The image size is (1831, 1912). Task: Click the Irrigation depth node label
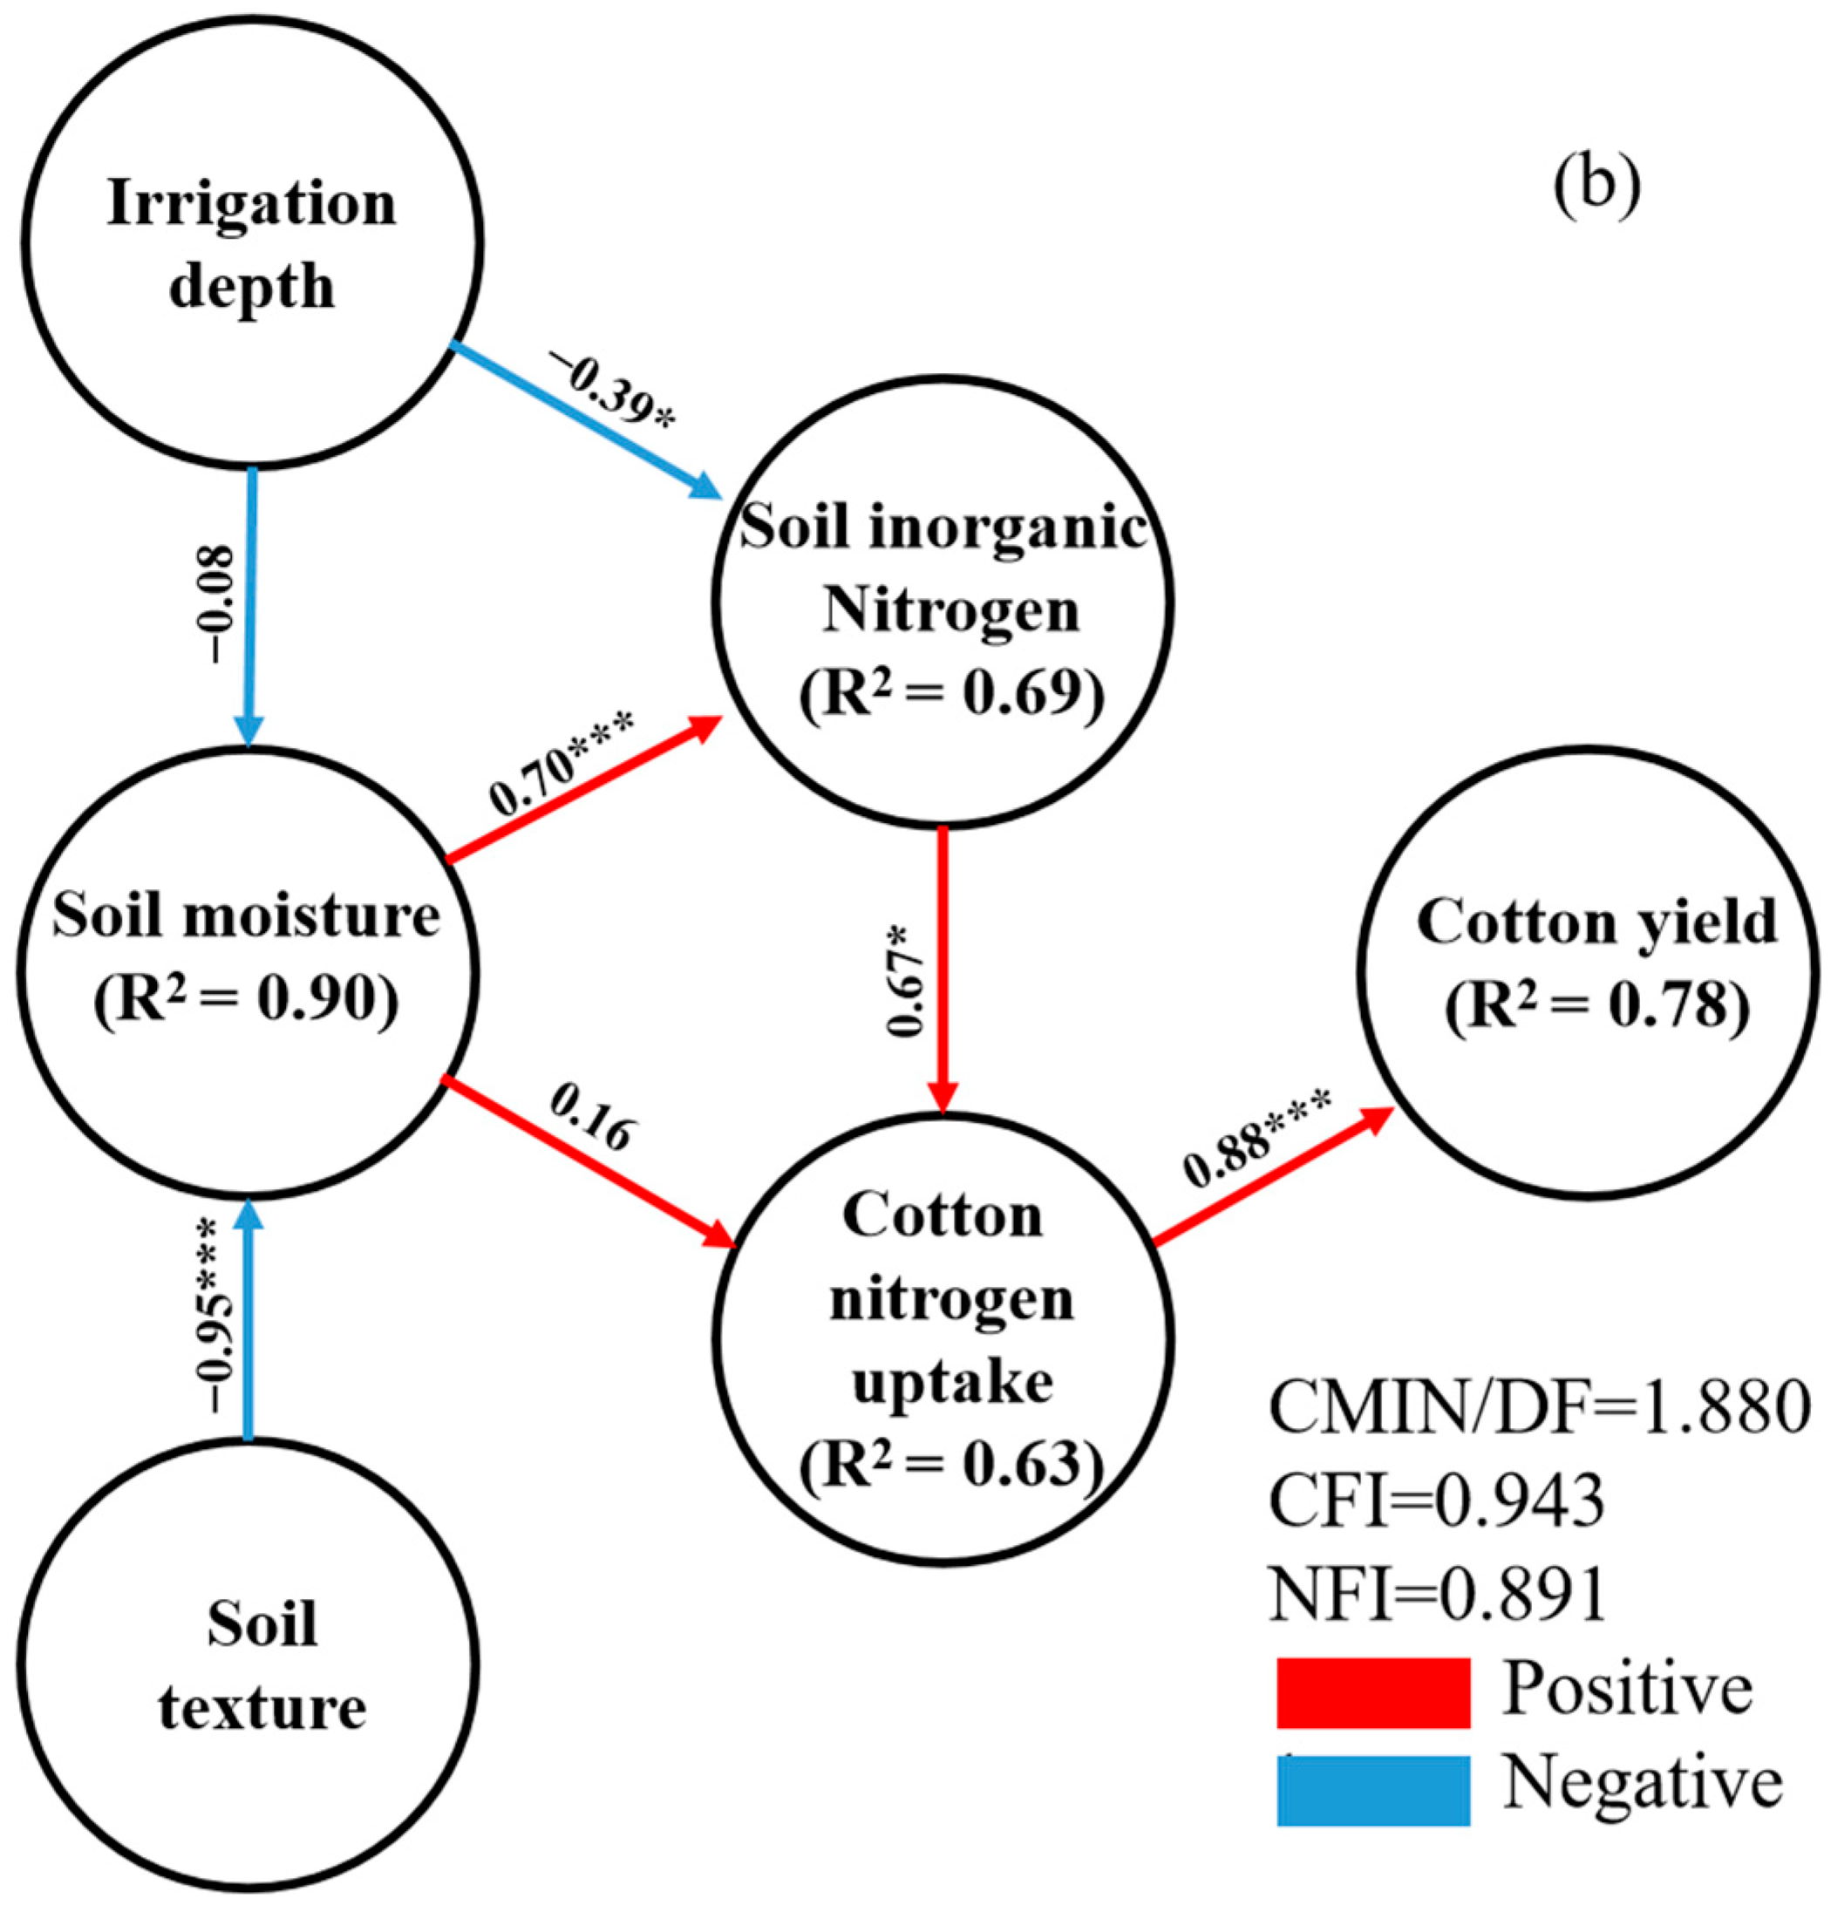coord(251,245)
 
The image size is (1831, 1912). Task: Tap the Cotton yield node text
coord(1596,922)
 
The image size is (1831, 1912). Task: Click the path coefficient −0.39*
coord(611,388)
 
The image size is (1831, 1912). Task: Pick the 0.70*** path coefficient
coord(562,764)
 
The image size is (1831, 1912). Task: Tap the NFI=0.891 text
coord(1437,1594)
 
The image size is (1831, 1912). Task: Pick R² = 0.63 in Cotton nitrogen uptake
coord(950,1464)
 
